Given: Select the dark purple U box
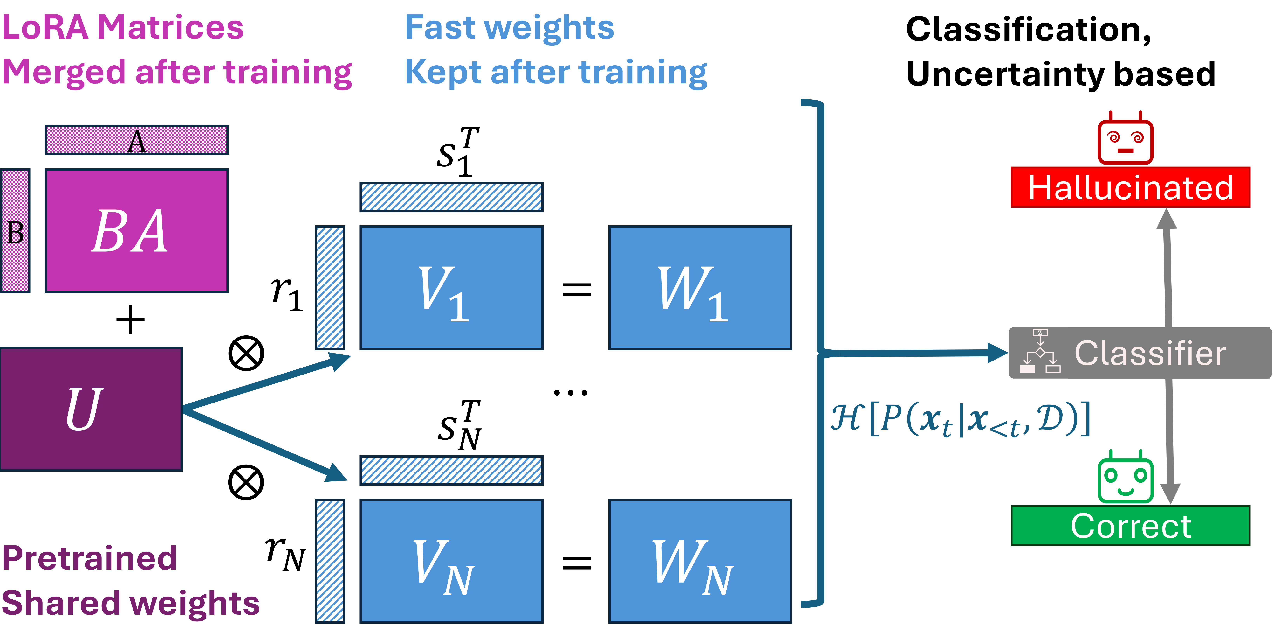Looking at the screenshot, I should (91, 409).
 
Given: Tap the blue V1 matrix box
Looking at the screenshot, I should (451, 288).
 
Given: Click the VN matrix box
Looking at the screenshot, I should (451, 561).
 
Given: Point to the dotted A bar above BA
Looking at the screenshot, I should (136, 140).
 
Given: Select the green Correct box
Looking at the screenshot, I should (1130, 526).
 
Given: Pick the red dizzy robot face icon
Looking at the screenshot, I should (1125, 138).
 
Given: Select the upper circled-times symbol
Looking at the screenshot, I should (246, 353).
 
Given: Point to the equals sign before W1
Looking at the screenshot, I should (577, 289).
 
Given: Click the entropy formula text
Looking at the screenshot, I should (959, 419).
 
